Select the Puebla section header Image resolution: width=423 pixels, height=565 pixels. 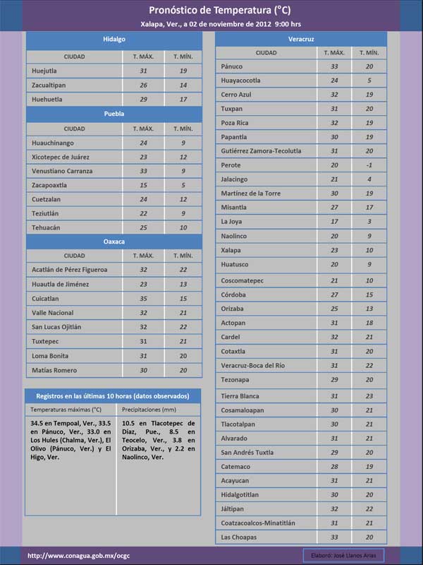point(114,114)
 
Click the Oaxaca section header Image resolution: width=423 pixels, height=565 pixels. point(114,242)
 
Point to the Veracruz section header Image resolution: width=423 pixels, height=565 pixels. point(301,37)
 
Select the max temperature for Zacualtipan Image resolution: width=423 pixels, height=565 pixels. point(143,85)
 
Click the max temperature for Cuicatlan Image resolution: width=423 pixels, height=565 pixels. point(143,299)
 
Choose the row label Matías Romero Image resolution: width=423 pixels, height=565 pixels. point(55,370)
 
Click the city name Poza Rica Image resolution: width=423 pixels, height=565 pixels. point(235,123)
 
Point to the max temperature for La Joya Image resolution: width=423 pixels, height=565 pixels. point(334,222)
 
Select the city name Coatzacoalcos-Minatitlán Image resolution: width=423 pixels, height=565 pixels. point(263,523)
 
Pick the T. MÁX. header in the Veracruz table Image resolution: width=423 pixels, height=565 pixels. point(334,53)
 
